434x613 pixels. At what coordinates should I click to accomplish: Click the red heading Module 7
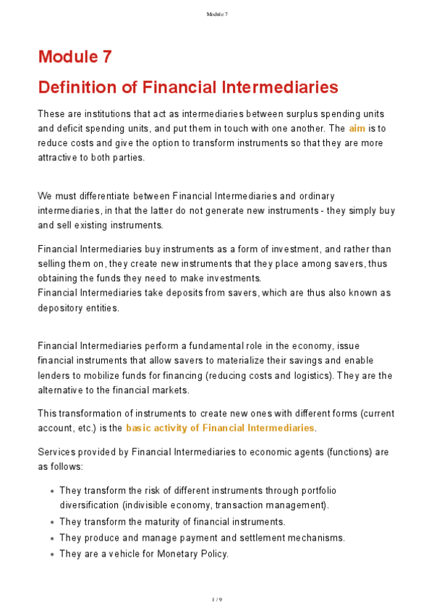pos(75,56)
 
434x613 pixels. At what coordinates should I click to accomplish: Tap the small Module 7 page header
pos(216,14)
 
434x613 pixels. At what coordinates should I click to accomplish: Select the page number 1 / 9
pos(216,600)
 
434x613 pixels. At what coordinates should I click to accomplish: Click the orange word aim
pos(357,128)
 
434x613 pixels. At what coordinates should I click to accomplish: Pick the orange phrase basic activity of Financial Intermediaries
pos(220,428)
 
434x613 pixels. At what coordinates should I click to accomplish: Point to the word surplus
pos(272,114)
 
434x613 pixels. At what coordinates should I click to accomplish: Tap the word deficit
pos(68,128)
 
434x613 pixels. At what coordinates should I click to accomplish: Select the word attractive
pos(59,157)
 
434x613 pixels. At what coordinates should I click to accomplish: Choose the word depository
pos(63,307)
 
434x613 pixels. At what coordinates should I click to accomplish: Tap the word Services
pos(57,452)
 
